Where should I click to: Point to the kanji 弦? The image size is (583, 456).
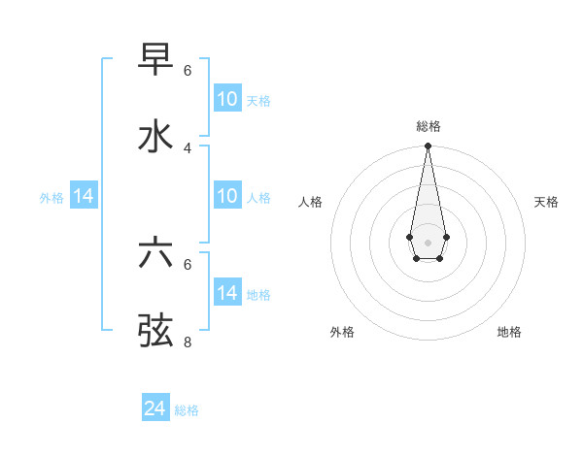[155, 330]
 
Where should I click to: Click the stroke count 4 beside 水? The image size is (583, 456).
[188, 147]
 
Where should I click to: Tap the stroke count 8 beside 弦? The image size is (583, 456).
[188, 342]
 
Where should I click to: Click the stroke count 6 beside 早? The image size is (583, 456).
[188, 71]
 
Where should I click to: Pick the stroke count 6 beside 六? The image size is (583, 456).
[188, 264]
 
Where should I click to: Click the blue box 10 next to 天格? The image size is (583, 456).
[226, 99]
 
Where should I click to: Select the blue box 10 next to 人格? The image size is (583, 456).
[226, 196]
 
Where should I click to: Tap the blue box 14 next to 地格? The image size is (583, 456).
[226, 293]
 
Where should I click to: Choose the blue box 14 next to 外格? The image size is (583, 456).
[84, 196]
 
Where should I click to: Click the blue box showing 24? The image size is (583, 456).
[154, 409]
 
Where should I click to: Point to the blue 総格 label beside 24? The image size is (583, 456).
[187, 410]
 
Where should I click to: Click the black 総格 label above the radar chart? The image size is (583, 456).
[428, 126]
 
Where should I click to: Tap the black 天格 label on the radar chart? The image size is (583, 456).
[546, 202]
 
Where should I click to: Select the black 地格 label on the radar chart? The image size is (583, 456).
[509, 332]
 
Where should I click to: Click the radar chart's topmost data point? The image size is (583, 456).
[428, 146]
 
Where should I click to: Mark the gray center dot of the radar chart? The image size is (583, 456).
[428, 241]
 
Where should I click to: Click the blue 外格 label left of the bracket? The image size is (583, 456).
[51, 197]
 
